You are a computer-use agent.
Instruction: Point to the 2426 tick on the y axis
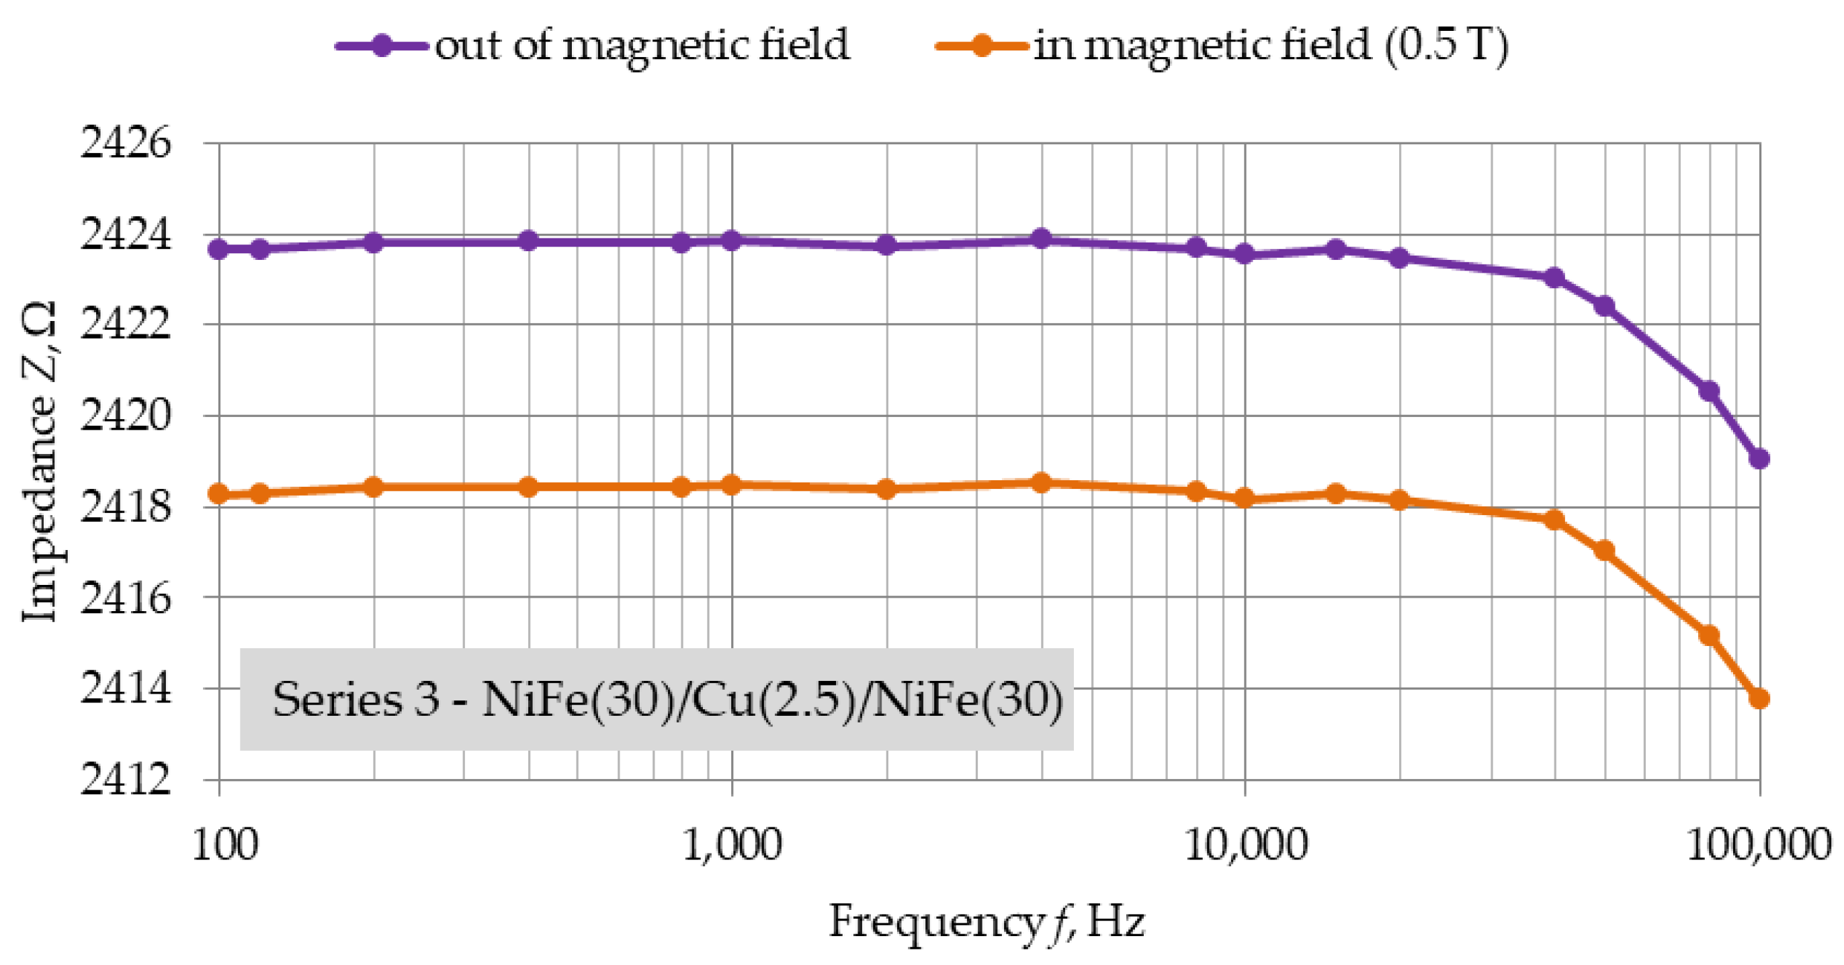click(126, 144)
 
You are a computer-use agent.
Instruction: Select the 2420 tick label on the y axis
click(126, 416)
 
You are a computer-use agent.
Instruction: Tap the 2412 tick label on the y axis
click(126, 780)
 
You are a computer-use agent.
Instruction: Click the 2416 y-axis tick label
click(126, 598)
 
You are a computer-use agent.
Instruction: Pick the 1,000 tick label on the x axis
click(732, 845)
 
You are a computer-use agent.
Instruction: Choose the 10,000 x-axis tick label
click(1245, 845)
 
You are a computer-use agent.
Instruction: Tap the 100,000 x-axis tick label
click(1758, 845)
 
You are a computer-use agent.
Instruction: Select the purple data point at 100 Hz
click(218, 249)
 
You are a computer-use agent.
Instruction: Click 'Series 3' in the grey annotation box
click(355, 700)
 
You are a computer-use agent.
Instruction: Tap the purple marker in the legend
click(382, 46)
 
